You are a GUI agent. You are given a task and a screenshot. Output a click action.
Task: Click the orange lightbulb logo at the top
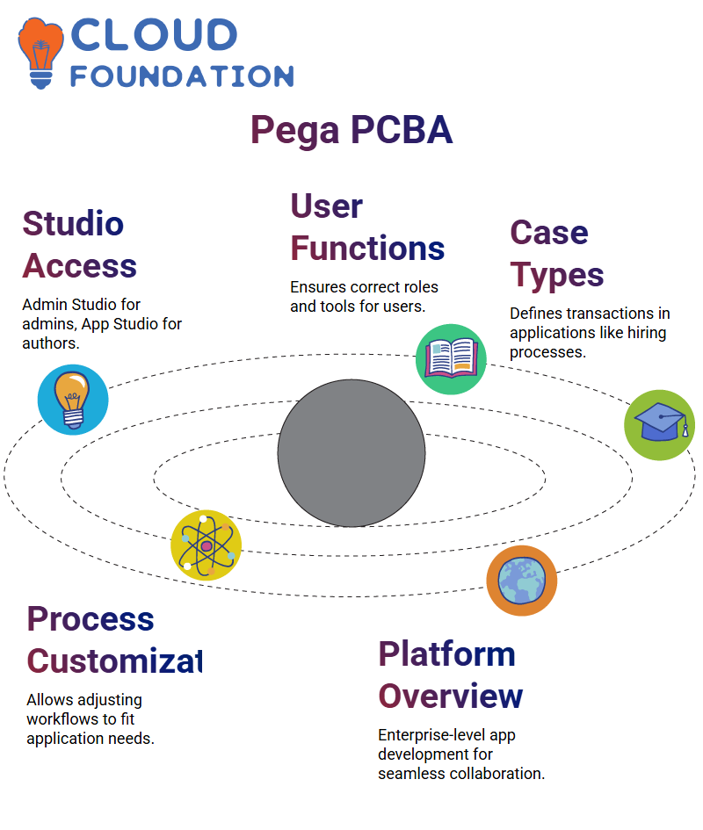pyautogui.click(x=40, y=53)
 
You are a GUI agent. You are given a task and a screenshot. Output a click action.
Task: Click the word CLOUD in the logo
pyautogui.click(x=154, y=35)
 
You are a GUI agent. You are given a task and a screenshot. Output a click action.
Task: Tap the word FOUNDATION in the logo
pyautogui.click(x=182, y=76)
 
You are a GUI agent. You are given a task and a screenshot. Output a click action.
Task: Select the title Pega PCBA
pyautogui.click(x=351, y=130)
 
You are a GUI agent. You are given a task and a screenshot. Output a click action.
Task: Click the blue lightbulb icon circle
pyautogui.click(x=73, y=400)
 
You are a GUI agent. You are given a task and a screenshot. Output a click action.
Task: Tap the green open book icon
pyautogui.click(x=451, y=359)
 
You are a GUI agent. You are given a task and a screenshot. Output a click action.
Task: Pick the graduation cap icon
pyautogui.click(x=660, y=425)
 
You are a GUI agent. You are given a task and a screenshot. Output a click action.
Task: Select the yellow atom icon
pyautogui.click(x=207, y=545)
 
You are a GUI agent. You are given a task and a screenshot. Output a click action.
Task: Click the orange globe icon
pyautogui.click(x=522, y=581)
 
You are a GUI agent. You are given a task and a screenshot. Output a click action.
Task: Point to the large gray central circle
pyautogui.click(x=351, y=453)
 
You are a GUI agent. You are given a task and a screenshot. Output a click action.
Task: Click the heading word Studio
pyautogui.click(x=73, y=223)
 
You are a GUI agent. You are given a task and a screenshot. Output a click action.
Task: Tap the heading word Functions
pyautogui.click(x=367, y=249)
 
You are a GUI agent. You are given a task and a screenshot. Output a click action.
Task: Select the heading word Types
pyautogui.click(x=557, y=276)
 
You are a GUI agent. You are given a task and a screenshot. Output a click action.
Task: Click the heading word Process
pyautogui.click(x=91, y=619)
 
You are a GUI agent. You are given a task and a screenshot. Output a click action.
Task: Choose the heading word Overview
pyautogui.click(x=450, y=696)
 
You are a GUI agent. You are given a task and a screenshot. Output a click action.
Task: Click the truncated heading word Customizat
pyautogui.click(x=114, y=661)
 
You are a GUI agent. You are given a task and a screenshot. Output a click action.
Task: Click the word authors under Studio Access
pyautogui.click(x=51, y=343)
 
